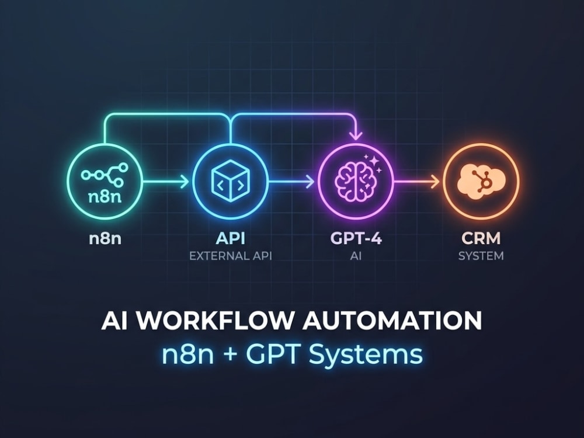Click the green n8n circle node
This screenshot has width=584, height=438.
point(105,144)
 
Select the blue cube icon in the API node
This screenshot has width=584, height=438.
point(231,180)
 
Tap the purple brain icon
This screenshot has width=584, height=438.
point(354,181)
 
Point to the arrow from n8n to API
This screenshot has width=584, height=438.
point(166,182)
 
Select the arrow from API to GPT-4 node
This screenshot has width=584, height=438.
point(291,182)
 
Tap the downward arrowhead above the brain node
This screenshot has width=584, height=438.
point(356,135)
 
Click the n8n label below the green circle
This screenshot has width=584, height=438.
point(105,238)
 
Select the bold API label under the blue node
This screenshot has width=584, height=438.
point(231,238)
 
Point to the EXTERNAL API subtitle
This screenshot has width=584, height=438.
point(231,256)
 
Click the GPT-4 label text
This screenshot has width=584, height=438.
point(356,238)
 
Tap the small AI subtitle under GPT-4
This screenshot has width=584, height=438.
point(356,256)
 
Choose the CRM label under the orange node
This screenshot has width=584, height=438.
point(481,238)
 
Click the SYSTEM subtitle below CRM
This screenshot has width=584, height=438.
point(481,256)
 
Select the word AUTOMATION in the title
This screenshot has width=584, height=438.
point(392,321)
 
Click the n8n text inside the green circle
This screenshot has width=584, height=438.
point(105,197)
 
